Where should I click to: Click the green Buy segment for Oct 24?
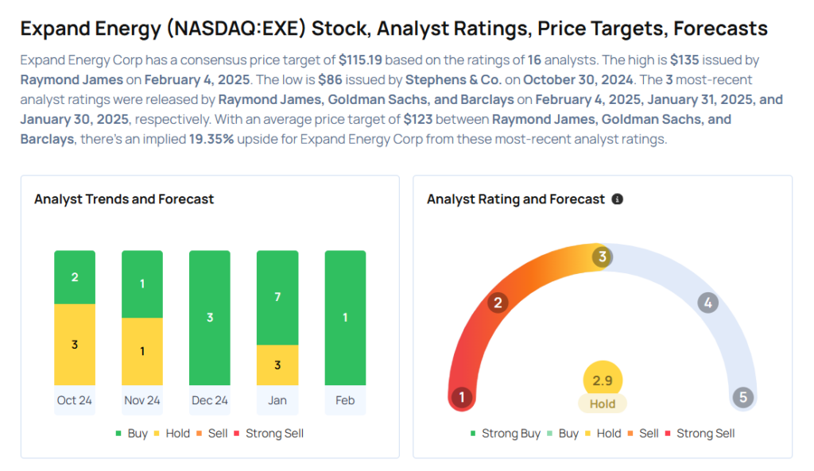pos(75,277)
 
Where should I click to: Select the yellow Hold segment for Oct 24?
pos(75,344)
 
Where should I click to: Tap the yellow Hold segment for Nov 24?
pos(142,351)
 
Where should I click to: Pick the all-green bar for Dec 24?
pos(210,318)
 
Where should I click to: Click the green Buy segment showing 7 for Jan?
pos(277,297)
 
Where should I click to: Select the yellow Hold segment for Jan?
pos(277,365)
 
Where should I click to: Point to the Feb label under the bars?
pos(345,400)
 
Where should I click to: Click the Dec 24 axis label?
pos(210,400)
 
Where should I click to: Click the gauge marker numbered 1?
pos(461,397)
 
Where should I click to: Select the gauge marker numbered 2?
pos(498,303)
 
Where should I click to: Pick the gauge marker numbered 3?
pos(603,257)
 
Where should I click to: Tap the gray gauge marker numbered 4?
pos(707,303)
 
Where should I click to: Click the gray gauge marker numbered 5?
pos(743,397)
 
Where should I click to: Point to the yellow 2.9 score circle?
pos(603,381)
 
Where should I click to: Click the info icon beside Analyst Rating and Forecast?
pos(618,199)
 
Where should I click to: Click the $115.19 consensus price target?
pos(364,60)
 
